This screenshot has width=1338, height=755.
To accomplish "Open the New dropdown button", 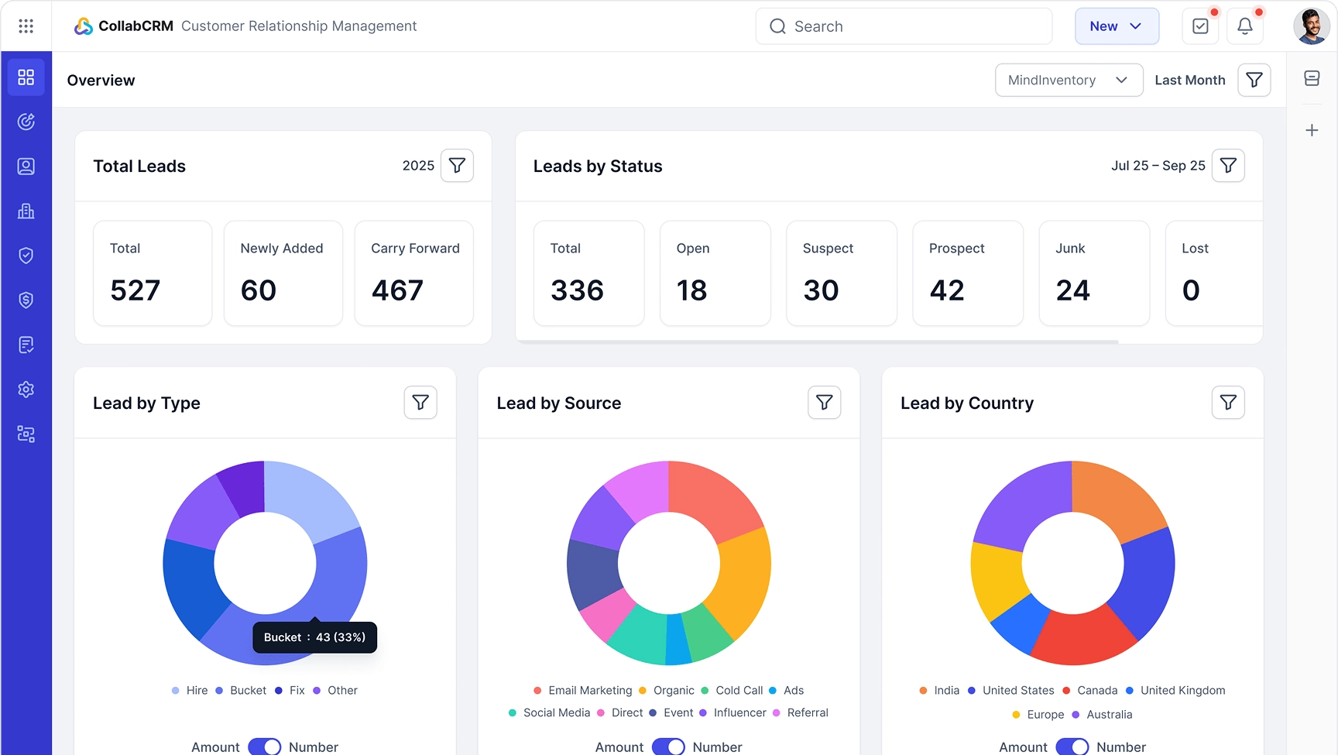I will (1116, 26).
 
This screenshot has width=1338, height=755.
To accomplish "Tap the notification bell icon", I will (1244, 26).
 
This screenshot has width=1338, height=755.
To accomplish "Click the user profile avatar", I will (1311, 26).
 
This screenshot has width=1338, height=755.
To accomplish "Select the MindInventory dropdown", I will (1068, 80).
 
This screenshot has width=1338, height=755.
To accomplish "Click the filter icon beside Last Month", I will (1254, 80).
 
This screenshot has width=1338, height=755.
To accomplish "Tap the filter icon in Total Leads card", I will (457, 166).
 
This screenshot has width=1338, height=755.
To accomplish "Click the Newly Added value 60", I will (259, 290).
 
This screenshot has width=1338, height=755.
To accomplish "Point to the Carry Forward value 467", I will (397, 290).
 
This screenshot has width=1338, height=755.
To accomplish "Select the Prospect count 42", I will (947, 290).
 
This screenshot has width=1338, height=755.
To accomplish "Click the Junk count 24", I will (1073, 290).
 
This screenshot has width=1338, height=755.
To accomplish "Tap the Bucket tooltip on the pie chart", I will (314, 637).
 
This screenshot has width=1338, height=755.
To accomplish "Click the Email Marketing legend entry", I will (582, 691).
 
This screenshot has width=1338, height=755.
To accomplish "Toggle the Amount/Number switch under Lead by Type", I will (265, 746).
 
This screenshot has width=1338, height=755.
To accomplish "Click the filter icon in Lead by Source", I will (824, 403).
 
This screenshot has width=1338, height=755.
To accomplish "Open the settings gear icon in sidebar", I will (26, 390).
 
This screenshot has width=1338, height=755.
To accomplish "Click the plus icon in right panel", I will (1312, 130).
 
